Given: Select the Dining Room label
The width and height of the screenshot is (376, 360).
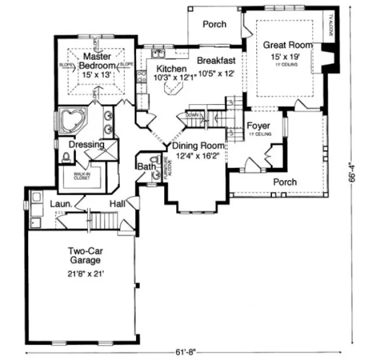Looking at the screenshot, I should point(198,146).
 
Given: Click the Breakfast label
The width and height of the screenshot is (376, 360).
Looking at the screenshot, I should point(216,60).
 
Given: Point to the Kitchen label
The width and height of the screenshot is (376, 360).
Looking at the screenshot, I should point(171,69).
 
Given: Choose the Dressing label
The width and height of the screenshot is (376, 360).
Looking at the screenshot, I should point(87,145).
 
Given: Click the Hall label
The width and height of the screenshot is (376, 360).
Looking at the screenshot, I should point(118,203).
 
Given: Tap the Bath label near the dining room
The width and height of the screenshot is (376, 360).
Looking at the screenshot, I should point(145,167).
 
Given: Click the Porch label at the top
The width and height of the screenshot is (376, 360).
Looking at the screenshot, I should point(215,24).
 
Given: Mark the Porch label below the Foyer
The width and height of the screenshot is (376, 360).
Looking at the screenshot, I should point(284,182).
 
